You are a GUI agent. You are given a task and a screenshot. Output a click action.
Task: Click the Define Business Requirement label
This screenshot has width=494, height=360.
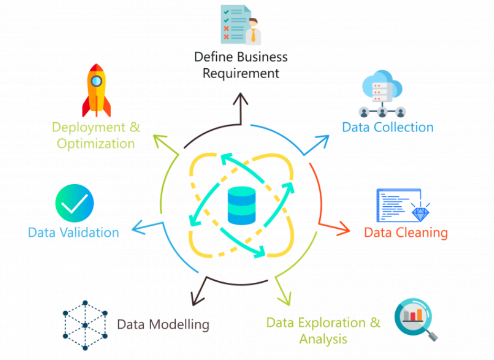(x=241, y=64)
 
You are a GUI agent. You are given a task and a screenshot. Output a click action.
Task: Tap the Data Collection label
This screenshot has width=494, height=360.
(x=387, y=127)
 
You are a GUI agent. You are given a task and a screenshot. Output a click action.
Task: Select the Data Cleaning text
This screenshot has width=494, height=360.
(x=406, y=232)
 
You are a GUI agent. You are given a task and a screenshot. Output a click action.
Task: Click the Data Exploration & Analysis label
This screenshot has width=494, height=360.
(x=323, y=330)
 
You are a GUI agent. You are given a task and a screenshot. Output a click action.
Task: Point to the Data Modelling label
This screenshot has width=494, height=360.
(x=163, y=324)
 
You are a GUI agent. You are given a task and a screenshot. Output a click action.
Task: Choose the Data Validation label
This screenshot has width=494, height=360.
(x=73, y=232)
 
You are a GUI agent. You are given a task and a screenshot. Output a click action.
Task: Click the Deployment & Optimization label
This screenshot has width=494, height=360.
(x=96, y=135)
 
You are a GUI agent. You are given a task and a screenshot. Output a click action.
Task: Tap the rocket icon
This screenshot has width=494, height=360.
(x=97, y=90)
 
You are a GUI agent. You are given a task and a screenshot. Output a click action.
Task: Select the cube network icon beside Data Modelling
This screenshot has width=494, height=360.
(x=85, y=325)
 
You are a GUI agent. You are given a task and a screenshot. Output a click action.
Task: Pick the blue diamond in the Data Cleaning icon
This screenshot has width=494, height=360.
(x=421, y=213)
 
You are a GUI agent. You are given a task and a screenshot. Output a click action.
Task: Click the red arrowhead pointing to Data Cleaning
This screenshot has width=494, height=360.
(x=344, y=228)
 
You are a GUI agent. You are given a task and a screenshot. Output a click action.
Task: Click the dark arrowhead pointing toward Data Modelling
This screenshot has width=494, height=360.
(x=197, y=299)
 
